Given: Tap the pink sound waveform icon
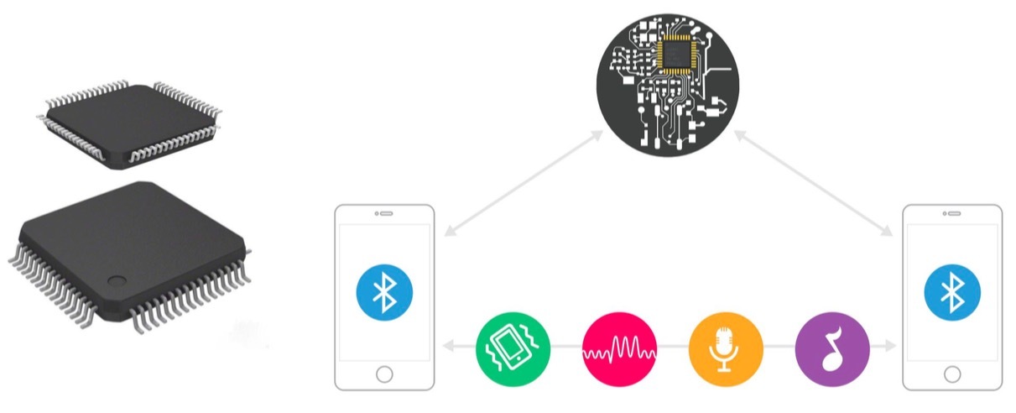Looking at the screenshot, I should tap(619, 346).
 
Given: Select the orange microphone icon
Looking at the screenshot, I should tap(726, 346).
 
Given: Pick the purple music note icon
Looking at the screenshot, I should tap(832, 346).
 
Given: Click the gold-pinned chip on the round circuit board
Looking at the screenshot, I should tap(678, 55).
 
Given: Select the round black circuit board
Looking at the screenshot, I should tap(669, 84).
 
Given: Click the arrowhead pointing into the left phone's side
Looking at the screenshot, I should tap(451, 346).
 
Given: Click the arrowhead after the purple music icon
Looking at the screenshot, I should tap(888, 346).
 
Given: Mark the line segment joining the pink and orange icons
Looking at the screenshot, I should tap(672, 346).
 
